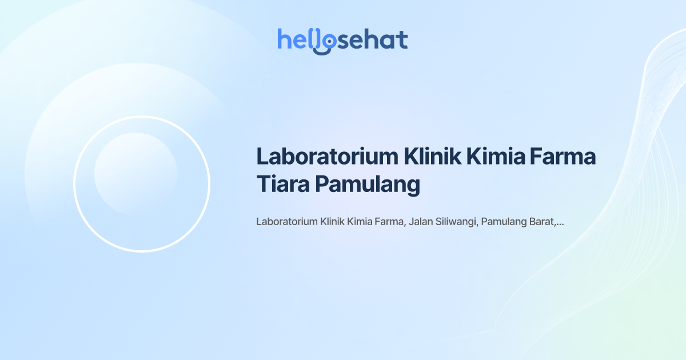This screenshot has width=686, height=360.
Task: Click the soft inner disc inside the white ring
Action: click(135, 174)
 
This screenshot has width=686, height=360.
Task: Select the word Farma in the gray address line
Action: click(390, 222)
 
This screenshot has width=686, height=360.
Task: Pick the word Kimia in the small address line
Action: click(360, 222)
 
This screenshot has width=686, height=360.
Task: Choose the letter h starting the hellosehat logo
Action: click(284, 39)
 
